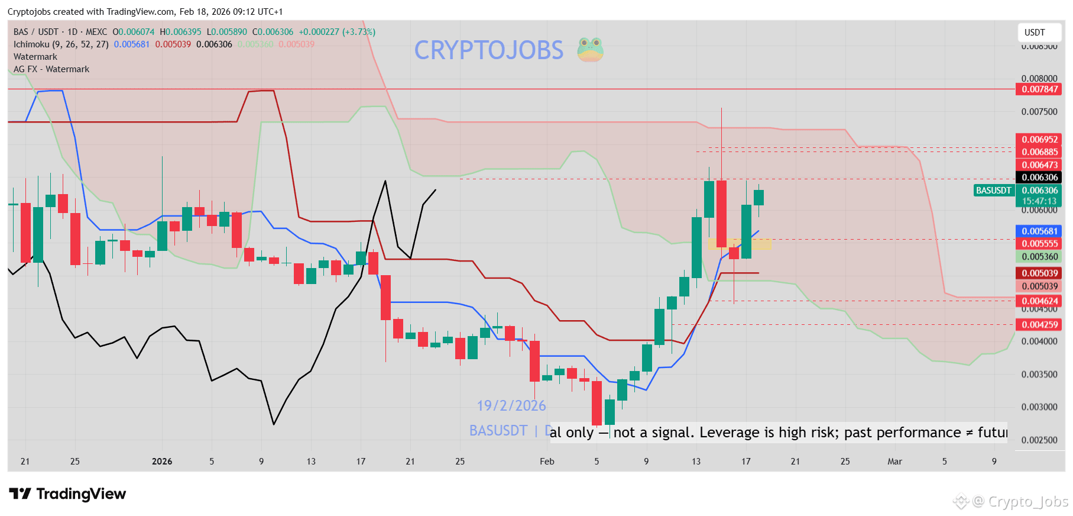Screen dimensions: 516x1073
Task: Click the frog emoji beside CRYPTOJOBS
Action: (590, 50)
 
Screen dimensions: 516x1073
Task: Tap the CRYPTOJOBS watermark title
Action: (489, 50)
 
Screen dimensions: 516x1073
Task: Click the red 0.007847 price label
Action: (1039, 89)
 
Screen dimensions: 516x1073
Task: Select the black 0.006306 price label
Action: (1039, 178)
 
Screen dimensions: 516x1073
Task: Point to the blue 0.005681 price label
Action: (1039, 231)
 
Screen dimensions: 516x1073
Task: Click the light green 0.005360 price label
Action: (1039, 257)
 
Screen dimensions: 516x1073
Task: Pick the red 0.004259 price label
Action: (1039, 325)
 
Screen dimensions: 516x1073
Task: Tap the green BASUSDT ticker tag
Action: (993, 191)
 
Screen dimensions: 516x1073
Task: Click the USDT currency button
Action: (1035, 33)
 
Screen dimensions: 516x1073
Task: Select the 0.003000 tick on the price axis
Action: (1039, 407)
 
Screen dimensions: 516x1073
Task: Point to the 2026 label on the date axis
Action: (162, 462)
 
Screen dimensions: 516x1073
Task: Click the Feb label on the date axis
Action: (547, 462)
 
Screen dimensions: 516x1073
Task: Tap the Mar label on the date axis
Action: (894, 462)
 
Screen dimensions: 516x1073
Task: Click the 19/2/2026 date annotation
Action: (511, 406)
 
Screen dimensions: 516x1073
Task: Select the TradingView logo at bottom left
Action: (68, 494)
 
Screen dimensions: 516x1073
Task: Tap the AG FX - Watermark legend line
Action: (51, 69)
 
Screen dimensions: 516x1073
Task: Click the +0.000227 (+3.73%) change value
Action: (337, 32)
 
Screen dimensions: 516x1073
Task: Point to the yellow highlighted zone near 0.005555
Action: (740, 244)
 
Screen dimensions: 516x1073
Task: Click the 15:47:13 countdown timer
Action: (1039, 201)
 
